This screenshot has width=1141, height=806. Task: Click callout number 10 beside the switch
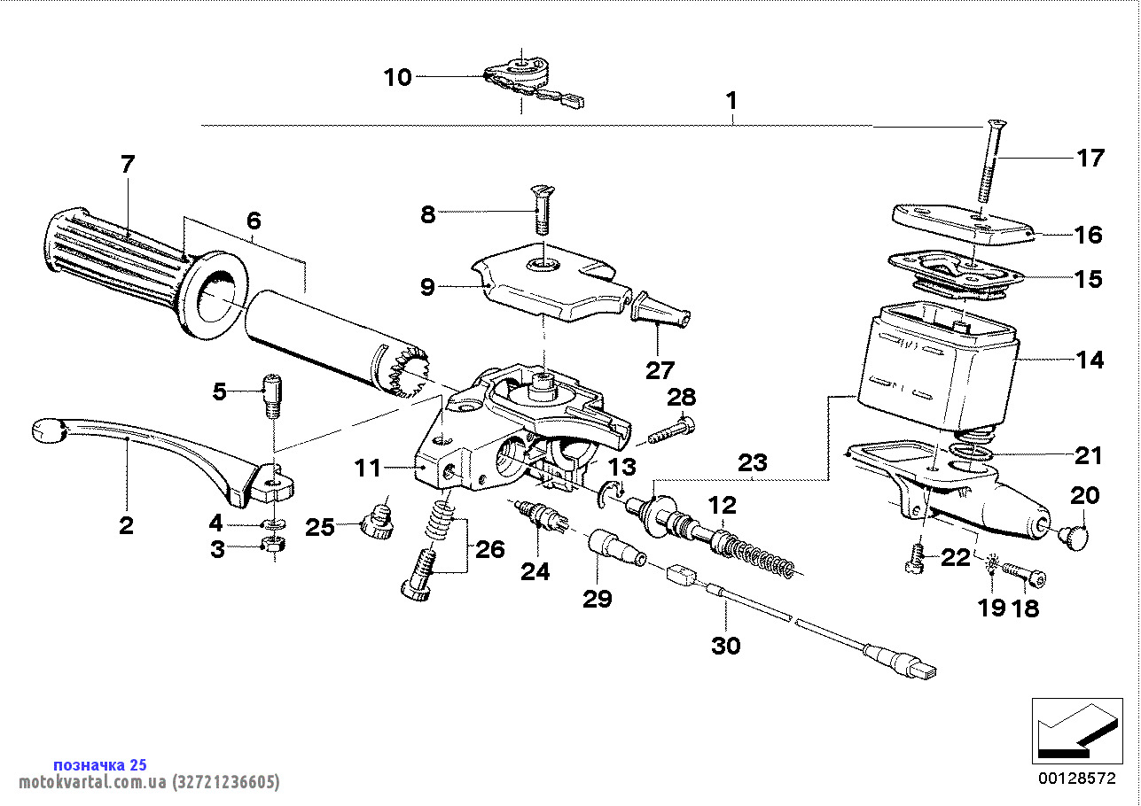(397, 78)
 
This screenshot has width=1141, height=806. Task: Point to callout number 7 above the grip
(128, 164)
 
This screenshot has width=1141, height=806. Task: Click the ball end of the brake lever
(48, 431)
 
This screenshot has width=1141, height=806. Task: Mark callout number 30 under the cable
(725, 646)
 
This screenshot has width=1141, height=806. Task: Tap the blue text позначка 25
(100, 764)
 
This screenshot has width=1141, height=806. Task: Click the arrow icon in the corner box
(1073, 732)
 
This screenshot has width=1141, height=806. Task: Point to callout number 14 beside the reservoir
(1090, 360)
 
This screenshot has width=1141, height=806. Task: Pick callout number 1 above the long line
(731, 101)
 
